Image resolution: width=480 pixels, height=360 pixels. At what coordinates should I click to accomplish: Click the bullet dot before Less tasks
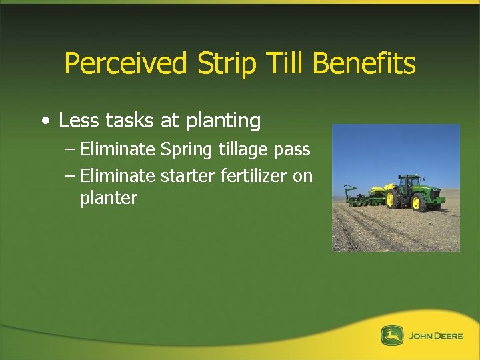pyautogui.click(x=45, y=121)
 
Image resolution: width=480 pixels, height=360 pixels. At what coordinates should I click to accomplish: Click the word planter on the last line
pyautogui.click(x=109, y=199)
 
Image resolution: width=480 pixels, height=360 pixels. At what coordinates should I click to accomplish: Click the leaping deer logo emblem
pyautogui.click(x=392, y=336)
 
